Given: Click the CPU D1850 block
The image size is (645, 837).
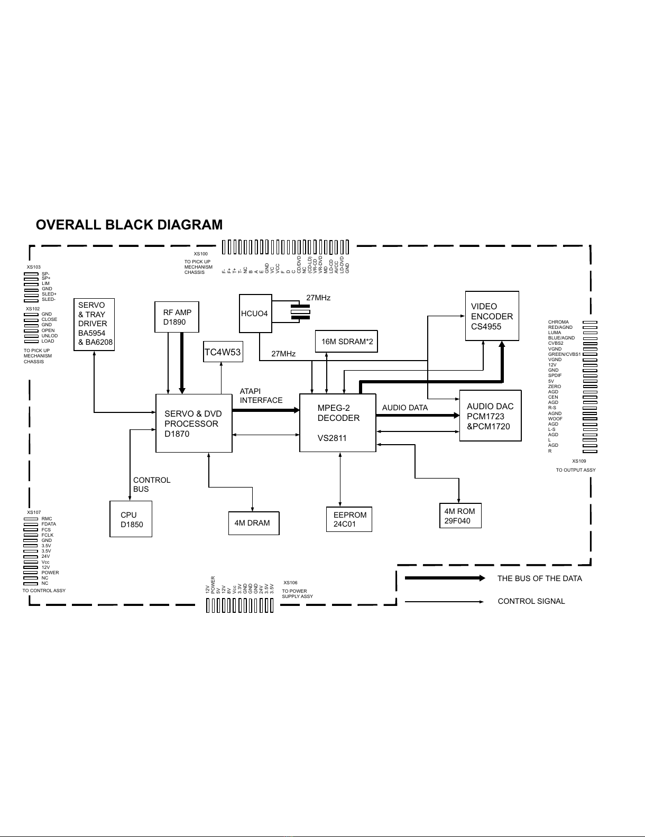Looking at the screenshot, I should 131,519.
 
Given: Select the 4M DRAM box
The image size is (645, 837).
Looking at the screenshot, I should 253,523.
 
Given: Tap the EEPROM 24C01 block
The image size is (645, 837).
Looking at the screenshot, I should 349,519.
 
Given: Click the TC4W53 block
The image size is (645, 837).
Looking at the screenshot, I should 223,352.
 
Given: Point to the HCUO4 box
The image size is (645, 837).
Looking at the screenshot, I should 255,314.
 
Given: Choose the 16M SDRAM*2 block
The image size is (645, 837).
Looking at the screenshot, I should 347,342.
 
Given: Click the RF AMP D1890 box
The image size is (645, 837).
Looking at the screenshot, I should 177,317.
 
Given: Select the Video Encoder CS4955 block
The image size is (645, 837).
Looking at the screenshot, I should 492,316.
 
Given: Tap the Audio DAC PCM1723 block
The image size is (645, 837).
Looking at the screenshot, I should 490,416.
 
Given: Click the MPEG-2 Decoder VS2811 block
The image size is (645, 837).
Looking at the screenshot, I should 338,422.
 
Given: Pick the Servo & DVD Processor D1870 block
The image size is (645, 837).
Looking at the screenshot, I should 193,423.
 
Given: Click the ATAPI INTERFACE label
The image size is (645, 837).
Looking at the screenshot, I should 261,395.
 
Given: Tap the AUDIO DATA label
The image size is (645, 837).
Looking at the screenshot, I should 405,408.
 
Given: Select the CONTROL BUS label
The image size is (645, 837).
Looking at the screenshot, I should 152,484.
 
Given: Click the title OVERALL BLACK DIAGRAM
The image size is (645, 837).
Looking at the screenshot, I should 129,225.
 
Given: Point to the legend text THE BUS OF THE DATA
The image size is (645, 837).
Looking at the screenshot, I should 539,578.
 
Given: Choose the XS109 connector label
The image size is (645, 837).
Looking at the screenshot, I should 579,461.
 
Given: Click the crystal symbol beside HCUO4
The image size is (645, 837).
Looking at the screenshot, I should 300,311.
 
